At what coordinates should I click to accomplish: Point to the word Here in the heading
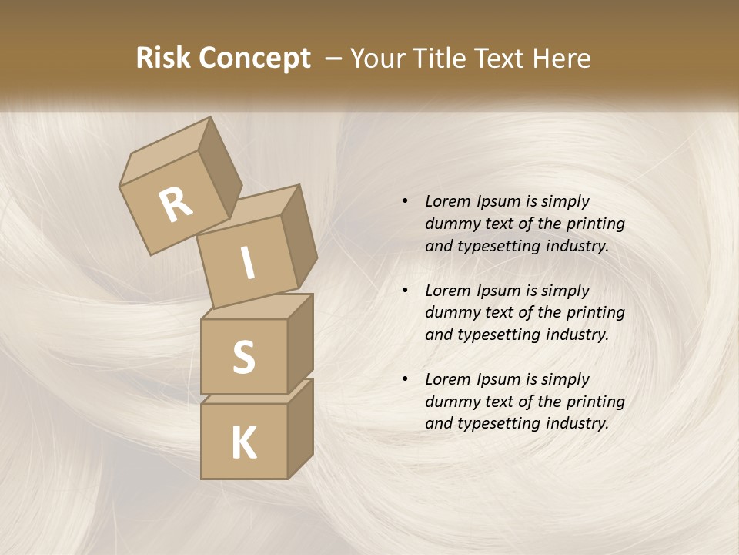[561, 59]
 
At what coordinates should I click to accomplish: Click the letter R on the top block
[176, 205]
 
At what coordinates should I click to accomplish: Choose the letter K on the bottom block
[243, 442]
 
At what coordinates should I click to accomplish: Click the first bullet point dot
[405, 201]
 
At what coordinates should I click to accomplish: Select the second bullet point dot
[405, 291]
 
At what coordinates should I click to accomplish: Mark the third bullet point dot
[405, 379]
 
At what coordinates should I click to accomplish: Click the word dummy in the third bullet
[449, 402]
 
